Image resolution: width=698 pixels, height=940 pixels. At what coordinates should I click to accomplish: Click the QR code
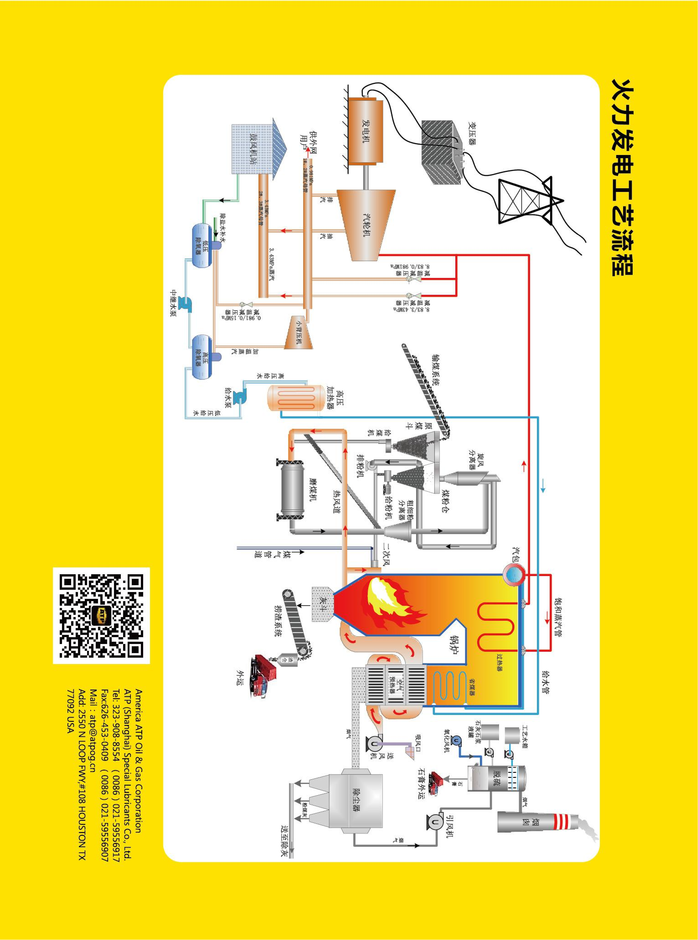coord(101,616)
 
